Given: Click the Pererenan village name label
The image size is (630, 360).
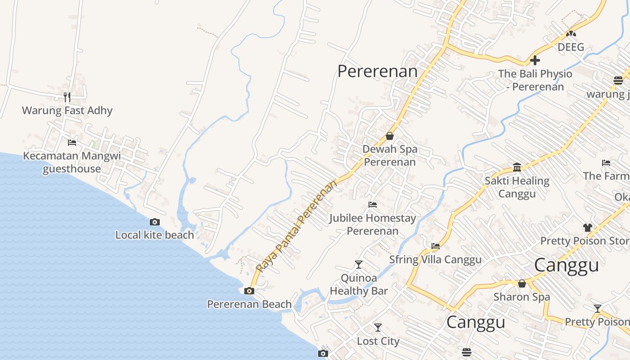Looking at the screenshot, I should [377, 71].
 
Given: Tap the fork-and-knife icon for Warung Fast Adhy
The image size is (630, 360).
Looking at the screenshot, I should [67, 97].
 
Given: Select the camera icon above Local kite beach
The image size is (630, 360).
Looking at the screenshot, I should [155, 222].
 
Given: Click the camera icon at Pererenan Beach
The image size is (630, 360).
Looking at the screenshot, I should [249, 291].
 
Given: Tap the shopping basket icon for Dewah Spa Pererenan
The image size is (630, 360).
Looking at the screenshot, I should [390, 136].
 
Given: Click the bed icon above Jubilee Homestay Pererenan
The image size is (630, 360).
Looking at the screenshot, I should [373, 205].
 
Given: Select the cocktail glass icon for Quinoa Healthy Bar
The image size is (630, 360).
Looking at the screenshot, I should [359, 264].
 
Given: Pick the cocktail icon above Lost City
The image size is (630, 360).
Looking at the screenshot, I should [378, 328].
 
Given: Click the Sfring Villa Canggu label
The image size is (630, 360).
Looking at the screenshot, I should [435, 260].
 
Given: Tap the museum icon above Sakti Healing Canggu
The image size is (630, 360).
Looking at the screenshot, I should [517, 167].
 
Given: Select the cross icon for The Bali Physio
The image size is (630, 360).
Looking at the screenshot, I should [535, 60].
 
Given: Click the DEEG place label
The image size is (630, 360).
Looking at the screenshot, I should [571, 47].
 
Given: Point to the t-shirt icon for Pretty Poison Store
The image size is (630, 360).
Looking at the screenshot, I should [587, 227].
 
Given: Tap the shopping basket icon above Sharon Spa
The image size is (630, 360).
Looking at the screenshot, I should [522, 283].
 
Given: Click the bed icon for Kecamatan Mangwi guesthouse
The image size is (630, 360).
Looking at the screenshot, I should [72, 143].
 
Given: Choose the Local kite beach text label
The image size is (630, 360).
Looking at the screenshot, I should [154, 235].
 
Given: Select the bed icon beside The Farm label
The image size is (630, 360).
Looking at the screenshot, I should [606, 163].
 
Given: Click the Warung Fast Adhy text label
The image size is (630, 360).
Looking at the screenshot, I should [67, 110].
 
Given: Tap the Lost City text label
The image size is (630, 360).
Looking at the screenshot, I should [378, 341].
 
